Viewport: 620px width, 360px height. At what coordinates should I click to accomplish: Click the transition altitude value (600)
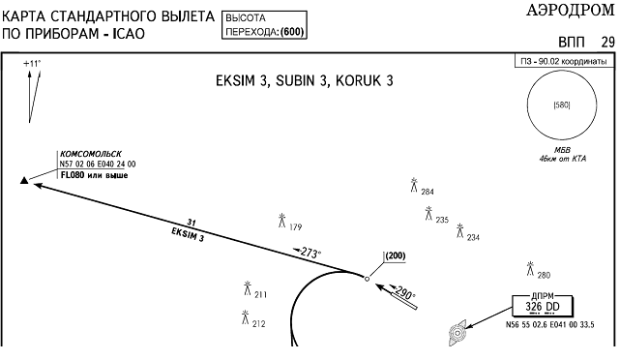click(x=292, y=32)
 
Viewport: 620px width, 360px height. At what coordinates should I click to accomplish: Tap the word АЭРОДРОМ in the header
click(x=570, y=11)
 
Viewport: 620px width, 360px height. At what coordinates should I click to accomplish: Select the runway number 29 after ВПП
click(x=608, y=42)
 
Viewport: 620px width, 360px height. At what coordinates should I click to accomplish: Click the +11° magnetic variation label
click(x=32, y=63)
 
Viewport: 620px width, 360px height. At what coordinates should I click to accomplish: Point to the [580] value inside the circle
click(x=562, y=105)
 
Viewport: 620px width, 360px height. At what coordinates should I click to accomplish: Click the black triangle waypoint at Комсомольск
click(x=24, y=181)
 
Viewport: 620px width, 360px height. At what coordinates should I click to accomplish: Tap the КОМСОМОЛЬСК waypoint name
click(x=91, y=154)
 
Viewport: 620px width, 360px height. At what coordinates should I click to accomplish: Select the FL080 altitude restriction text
click(x=94, y=175)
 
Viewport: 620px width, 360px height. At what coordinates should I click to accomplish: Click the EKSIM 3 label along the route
click(x=188, y=234)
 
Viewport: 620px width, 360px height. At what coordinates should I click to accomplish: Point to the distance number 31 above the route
click(x=192, y=223)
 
